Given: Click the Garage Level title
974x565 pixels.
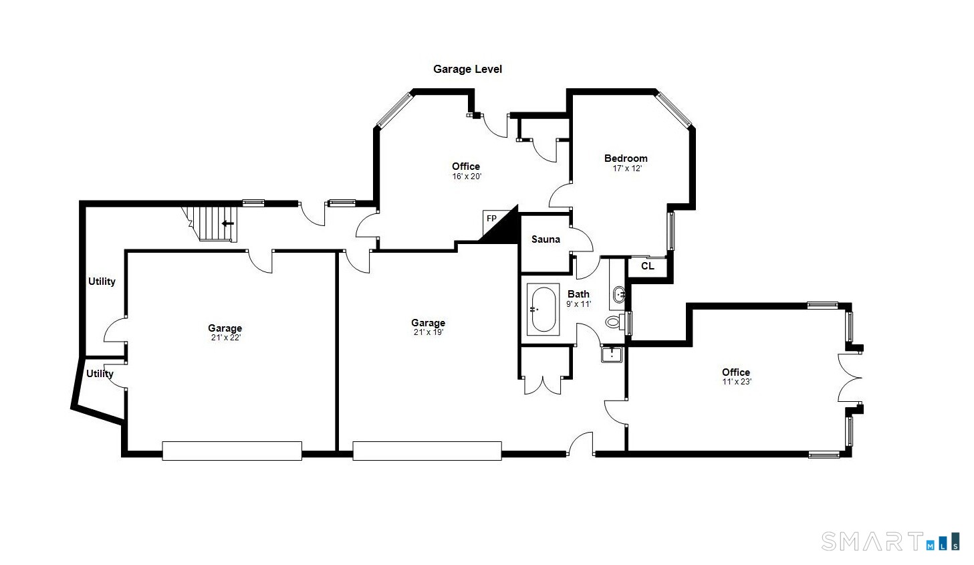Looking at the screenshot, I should point(467,69).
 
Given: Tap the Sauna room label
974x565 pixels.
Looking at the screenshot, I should point(545,239).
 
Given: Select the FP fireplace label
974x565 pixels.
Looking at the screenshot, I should point(491,219).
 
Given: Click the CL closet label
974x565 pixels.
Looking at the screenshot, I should point(647,266).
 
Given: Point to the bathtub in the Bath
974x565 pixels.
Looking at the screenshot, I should point(543,310).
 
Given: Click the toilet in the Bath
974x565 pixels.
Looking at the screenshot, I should point(613,322).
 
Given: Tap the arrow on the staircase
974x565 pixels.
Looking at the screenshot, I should point(228,223).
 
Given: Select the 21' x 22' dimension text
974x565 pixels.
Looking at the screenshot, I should point(225,338).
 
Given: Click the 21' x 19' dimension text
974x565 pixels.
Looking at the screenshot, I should point(428,332).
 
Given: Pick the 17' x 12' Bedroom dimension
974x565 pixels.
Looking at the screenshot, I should point(626,168).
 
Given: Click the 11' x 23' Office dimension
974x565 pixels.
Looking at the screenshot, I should point(736,382).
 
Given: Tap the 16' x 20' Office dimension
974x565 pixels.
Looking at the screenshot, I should point(466,177).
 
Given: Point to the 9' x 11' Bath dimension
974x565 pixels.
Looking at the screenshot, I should point(578,304).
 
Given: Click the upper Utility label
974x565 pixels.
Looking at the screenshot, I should point(102,281).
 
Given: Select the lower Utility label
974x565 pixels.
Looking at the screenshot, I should point(100,374).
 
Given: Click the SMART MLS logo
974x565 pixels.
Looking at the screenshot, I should point(890,541).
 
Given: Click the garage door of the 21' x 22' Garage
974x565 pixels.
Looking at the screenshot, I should point(232,450).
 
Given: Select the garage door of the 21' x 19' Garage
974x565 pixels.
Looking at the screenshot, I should point(427,450).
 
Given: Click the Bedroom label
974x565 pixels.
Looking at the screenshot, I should point(626,158).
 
